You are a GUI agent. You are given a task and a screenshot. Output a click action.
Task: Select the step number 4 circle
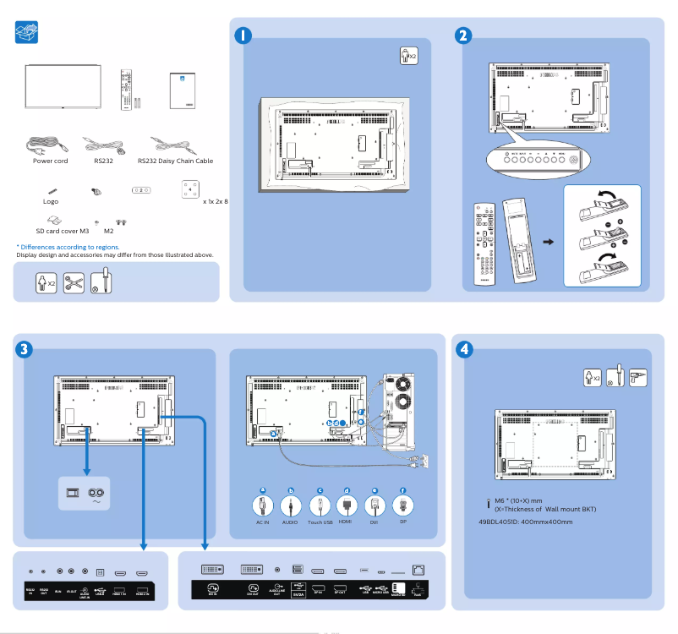[x=463, y=348]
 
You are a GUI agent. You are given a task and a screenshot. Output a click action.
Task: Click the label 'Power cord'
[x=51, y=161]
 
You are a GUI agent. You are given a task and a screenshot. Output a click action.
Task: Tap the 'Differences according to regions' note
[x=68, y=247]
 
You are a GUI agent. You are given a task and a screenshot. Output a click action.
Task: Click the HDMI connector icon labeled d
[x=347, y=506]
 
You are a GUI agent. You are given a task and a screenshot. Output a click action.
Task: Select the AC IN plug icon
[x=262, y=506]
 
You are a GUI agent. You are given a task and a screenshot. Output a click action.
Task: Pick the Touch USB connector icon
[x=320, y=506]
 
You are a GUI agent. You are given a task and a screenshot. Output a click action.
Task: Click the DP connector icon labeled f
[x=402, y=506]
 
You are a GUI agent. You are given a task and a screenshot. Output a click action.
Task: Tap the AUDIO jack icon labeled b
[x=291, y=506]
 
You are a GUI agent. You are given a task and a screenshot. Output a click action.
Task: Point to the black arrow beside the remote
[x=549, y=242]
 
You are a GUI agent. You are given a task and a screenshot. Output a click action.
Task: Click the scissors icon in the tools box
[x=74, y=282]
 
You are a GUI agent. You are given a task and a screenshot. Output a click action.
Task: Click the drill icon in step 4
[x=638, y=377]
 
